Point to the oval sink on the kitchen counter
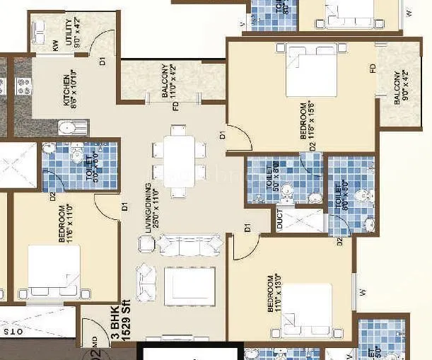pyautogui.click(x=68, y=128)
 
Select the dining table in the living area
pyautogui.click(x=174, y=161)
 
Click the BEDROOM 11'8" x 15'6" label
pyautogui.click(x=308, y=123)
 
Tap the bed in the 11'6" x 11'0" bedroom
pyautogui.click(x=49, y=272)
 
